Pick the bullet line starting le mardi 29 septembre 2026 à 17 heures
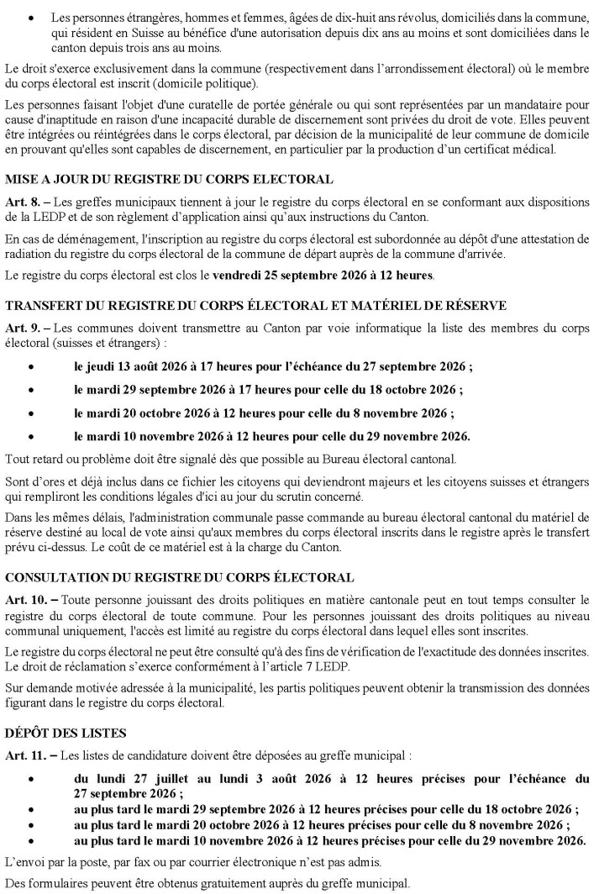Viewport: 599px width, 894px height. click(268, 390)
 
